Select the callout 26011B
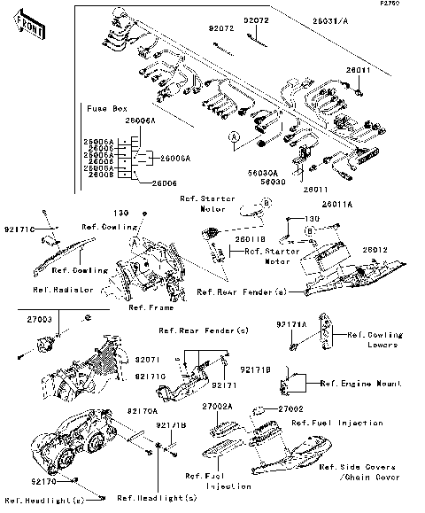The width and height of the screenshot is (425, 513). [x=251, y=239]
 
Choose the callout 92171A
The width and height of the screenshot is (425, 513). [x=291, y=324]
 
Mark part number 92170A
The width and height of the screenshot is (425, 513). [x=141, y=411]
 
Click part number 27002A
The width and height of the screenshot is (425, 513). [x=217, y=405]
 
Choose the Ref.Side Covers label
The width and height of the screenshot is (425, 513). [x=352, y=466]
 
